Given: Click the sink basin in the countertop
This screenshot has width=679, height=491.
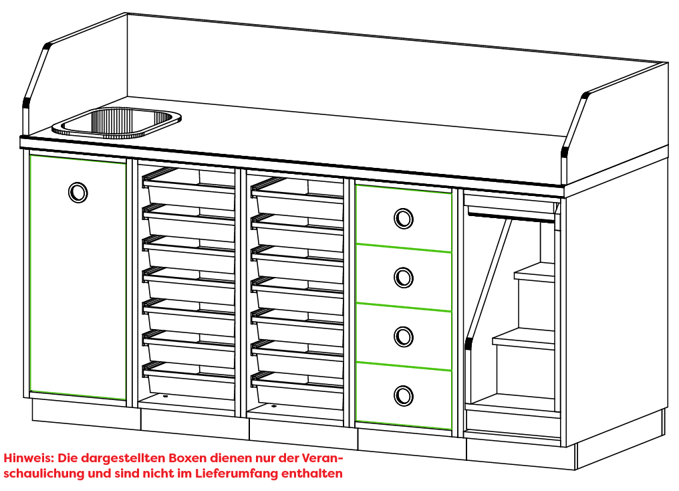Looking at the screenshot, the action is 116,122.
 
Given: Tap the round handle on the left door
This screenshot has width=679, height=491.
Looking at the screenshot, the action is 78,192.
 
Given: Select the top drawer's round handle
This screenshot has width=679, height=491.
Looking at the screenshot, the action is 404,219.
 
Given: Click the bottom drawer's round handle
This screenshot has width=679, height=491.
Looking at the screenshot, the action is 404,395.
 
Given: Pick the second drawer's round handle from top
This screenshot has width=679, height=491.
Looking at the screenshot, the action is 404,278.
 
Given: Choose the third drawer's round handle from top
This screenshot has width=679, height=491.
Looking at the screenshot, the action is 404,336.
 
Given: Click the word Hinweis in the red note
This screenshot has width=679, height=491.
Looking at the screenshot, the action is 29,458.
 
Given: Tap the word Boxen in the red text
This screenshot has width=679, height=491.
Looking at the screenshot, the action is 188,458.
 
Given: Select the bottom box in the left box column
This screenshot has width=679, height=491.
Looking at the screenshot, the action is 189,380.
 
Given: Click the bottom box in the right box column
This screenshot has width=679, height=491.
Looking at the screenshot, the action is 297,389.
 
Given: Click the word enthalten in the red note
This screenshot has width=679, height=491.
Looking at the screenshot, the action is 312,473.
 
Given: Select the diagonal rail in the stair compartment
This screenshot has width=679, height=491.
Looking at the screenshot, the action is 488,281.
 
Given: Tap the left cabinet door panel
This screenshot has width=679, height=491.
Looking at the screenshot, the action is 78,278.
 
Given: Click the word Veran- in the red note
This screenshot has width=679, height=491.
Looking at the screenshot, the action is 322,458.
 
